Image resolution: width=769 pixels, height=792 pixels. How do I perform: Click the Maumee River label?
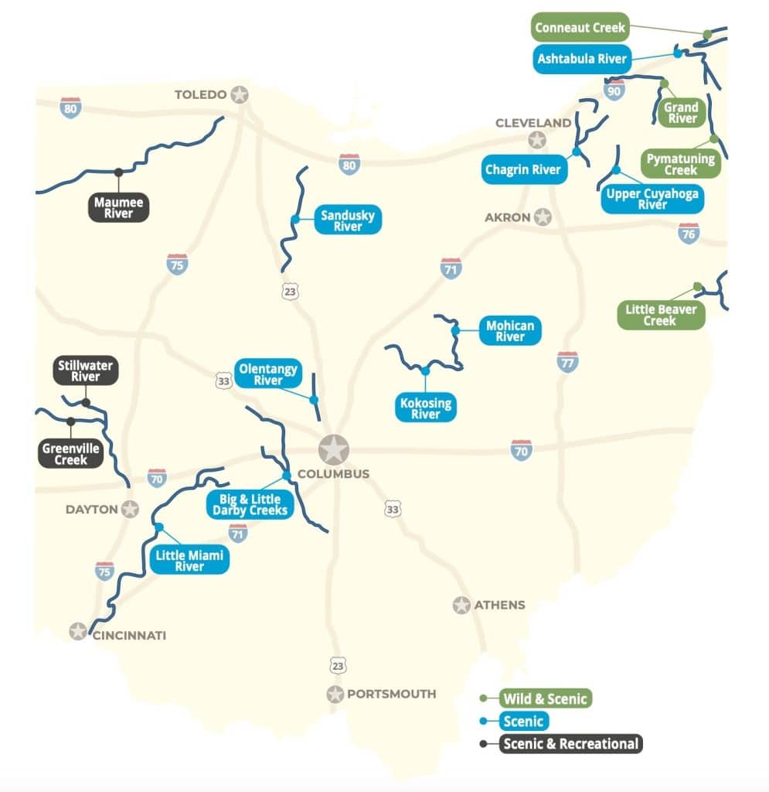tap(118, 208)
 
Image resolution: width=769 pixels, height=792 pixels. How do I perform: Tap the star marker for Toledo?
tap(240, 95)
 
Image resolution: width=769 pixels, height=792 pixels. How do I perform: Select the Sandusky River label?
tap(348, 220)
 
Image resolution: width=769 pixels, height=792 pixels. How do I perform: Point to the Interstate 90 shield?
tap(615, 88)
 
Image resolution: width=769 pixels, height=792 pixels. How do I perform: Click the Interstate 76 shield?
tap(689, 233)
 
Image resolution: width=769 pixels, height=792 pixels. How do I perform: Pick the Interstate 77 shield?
tap(567, 361)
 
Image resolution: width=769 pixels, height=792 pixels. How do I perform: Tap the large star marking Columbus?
tap(334, 449)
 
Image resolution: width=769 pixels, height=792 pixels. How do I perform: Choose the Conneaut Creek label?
tap(580, 28)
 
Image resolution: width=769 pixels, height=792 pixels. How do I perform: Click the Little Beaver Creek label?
tap(661, 315)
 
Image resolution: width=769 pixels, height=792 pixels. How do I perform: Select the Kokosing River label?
tap(425, 408)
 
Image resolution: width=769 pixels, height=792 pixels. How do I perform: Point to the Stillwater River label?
tap(86, 370)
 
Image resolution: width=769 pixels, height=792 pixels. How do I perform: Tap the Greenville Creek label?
tap(70, 454)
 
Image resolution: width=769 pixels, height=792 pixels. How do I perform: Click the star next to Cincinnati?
tap(78, 631)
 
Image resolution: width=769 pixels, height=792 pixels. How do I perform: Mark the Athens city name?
tap(499, 605)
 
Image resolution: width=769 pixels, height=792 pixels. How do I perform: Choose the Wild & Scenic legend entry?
tap(545, 698)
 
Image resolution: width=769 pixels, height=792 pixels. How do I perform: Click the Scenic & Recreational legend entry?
tap(570, 744)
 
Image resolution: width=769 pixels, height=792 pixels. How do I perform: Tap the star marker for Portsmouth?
tap(335, 694)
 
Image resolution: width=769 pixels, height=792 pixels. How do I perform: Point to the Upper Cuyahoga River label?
tap(652, 199)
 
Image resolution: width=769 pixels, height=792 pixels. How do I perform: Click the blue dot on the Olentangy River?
tap(314, 400)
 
